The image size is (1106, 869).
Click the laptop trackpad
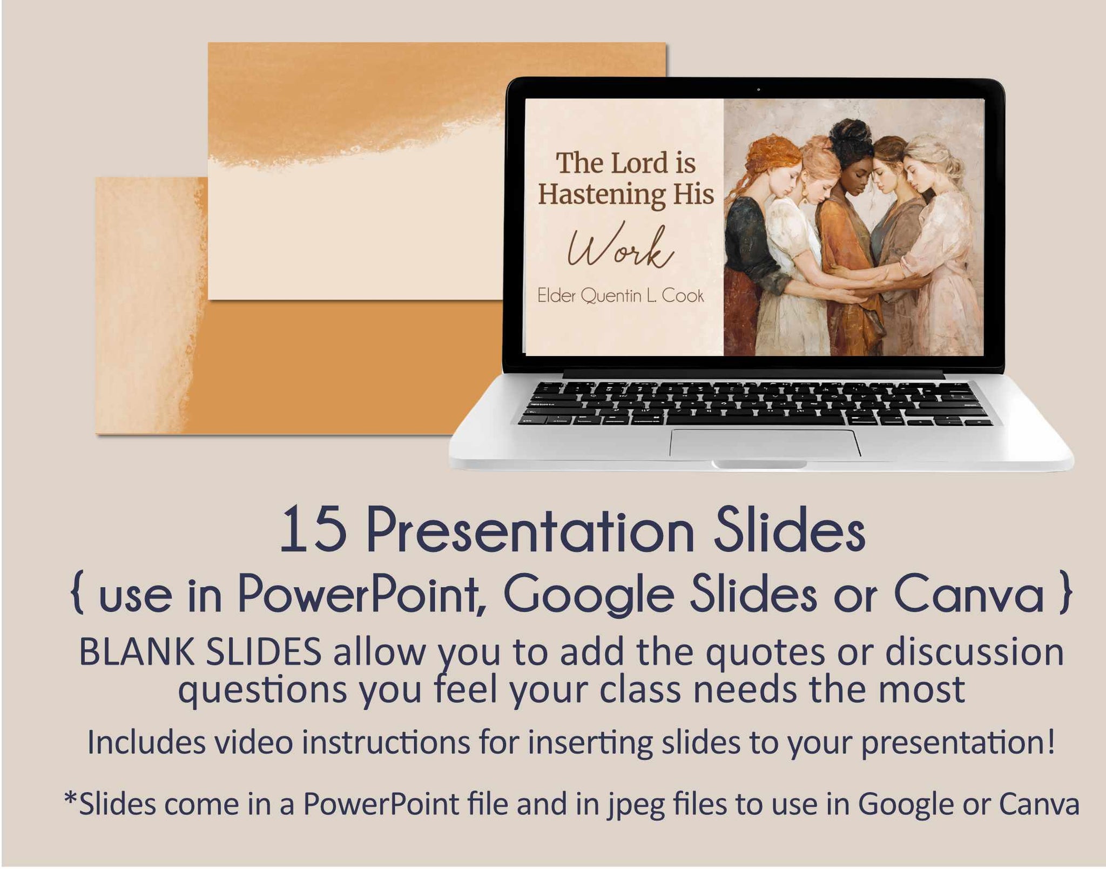tap(765, 443)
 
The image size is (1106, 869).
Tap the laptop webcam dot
tap(758, 89)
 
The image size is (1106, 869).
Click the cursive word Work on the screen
tap(620, 246)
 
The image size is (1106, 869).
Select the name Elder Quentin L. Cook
tap(621, 296)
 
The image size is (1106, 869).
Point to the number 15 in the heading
tap(313, 529)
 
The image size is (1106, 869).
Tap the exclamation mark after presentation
tap(1050, 742)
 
